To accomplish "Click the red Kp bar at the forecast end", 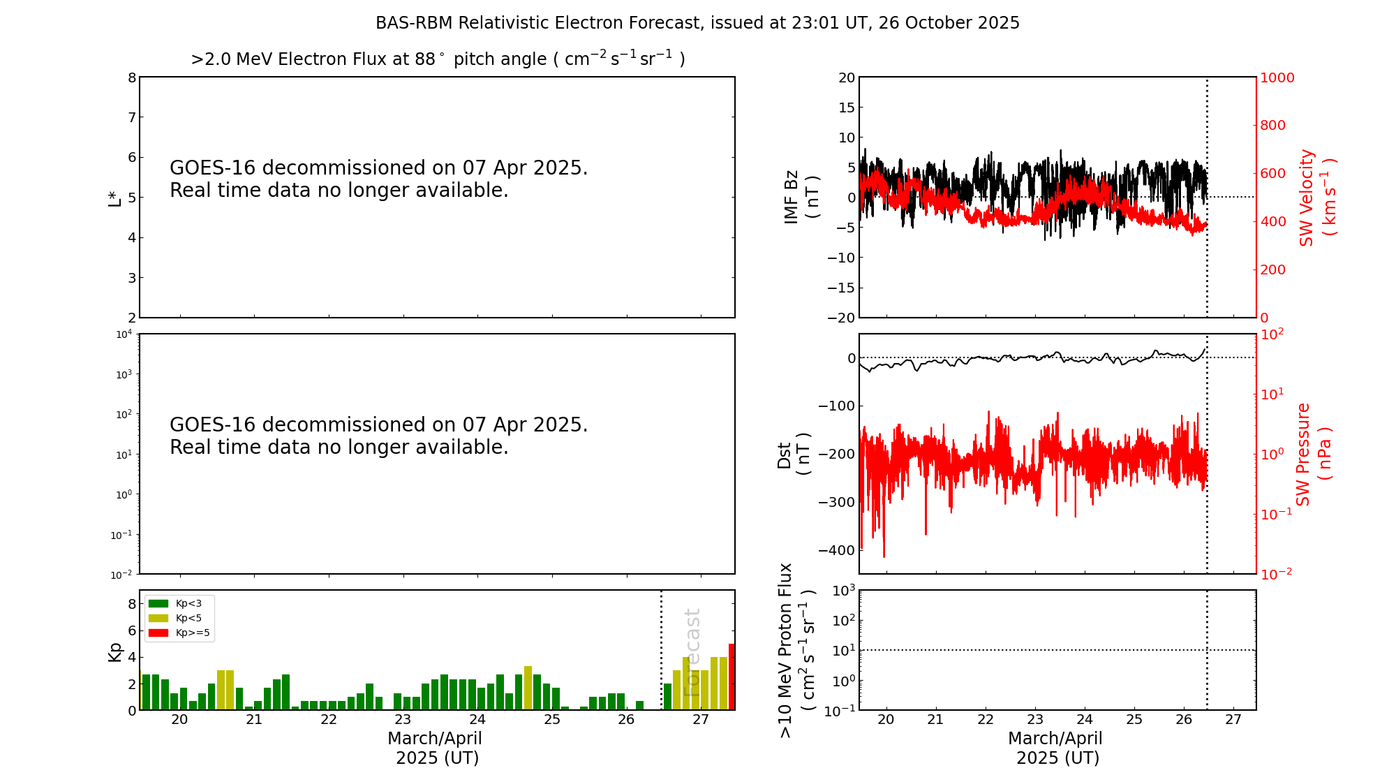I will coord(732,677).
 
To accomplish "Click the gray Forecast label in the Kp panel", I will coord(692,652).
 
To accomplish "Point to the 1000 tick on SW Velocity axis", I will coord(1277,77).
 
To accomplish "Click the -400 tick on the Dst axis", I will coord(840,550).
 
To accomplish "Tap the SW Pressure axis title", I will coord(1313,454).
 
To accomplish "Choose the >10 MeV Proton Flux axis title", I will coord(796,650).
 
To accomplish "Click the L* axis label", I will coord(114,198).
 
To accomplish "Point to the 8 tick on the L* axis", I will coord(131,77).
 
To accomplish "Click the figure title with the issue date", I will coord(697,23).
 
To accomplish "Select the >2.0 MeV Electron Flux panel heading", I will coord(438,59).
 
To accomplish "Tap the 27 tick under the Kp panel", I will coord(701,720).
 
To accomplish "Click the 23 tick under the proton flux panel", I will coord(1035,720).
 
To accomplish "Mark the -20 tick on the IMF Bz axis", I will coord(840,318).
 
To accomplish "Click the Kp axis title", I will coord(114,651).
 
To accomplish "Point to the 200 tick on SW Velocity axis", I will coord(1272,269).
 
